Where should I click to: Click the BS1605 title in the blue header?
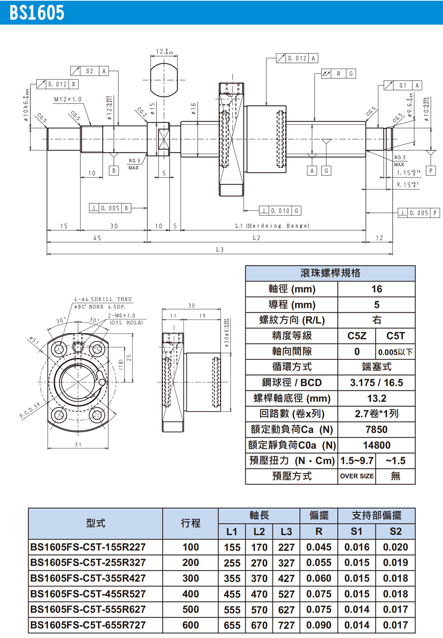(x=37, y=13)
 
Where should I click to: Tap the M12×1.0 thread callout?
(x=68, y=100)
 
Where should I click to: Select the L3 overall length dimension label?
(x=220, y=250)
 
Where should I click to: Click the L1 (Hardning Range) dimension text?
(x=272, y=226)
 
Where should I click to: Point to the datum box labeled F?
(x=431, y=170)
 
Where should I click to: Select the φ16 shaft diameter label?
(x=194, y=109)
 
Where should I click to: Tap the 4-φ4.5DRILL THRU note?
(x=103, y=300)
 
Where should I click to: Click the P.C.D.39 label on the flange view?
(x=30, y=410)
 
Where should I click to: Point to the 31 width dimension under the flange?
(x=78, y=444)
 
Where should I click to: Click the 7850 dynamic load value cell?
(x=376, y=429)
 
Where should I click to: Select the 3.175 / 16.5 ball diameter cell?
(x=376, y=383)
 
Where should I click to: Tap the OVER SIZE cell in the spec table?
(x=357, y=476)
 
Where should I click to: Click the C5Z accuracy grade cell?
(x=357, y=336)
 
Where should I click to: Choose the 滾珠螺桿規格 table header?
(x=330, y=273)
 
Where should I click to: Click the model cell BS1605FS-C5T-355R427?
(x=88, y=578)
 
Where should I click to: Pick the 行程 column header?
(x=190, y=523)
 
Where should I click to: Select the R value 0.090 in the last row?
(x=319, y=625)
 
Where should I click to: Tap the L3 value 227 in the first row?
(x=286, y=547)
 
